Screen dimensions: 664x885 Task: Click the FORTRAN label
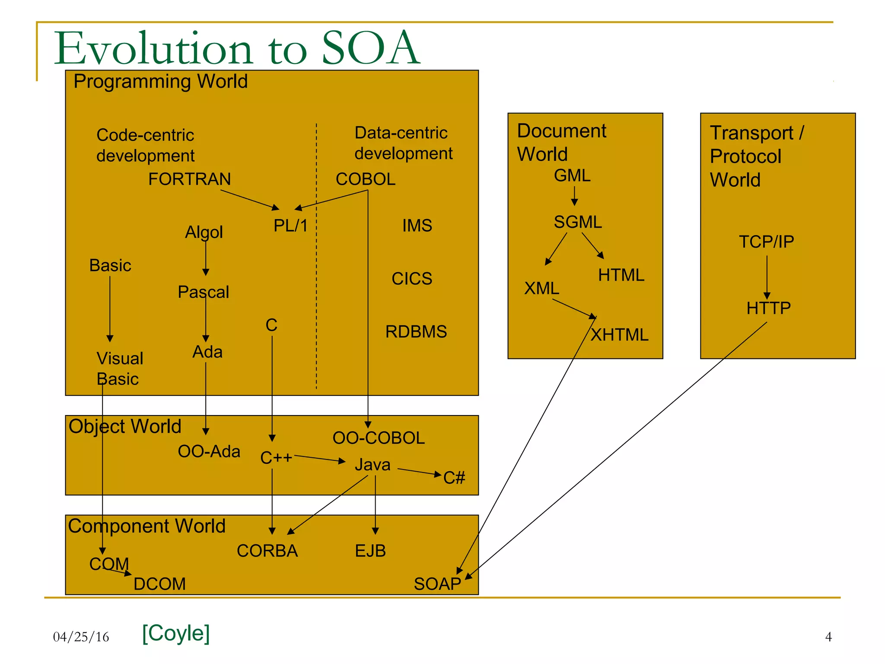coord(189,179)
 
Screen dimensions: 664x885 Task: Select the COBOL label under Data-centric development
coord(366,179)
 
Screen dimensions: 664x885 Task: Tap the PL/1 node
coord(290,226)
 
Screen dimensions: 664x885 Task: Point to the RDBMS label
coord(416,332)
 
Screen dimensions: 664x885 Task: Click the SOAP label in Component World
coord(437,584)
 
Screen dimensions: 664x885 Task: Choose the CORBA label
coord(267,551)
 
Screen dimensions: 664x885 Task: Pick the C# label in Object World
coord(454,478)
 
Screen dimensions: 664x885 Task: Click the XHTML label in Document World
coord(619,335)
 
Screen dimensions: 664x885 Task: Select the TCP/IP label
coord(766,242)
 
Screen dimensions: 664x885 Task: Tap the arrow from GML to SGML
coord(574,196)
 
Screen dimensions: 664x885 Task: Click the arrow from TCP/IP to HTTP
coord(767,277)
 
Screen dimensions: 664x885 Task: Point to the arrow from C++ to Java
coord(320,459)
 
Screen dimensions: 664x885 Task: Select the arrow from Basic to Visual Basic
coord(110,309)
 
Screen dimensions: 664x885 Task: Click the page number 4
coord(828,637)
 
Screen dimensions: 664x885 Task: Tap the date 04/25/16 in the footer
coord(81,637)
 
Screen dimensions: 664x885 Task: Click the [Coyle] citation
coord(176,633)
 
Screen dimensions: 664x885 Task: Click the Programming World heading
coord(160,81)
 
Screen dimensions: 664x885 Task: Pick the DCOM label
coord(159,584)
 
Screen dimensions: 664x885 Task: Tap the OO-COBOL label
coord(379,438)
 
